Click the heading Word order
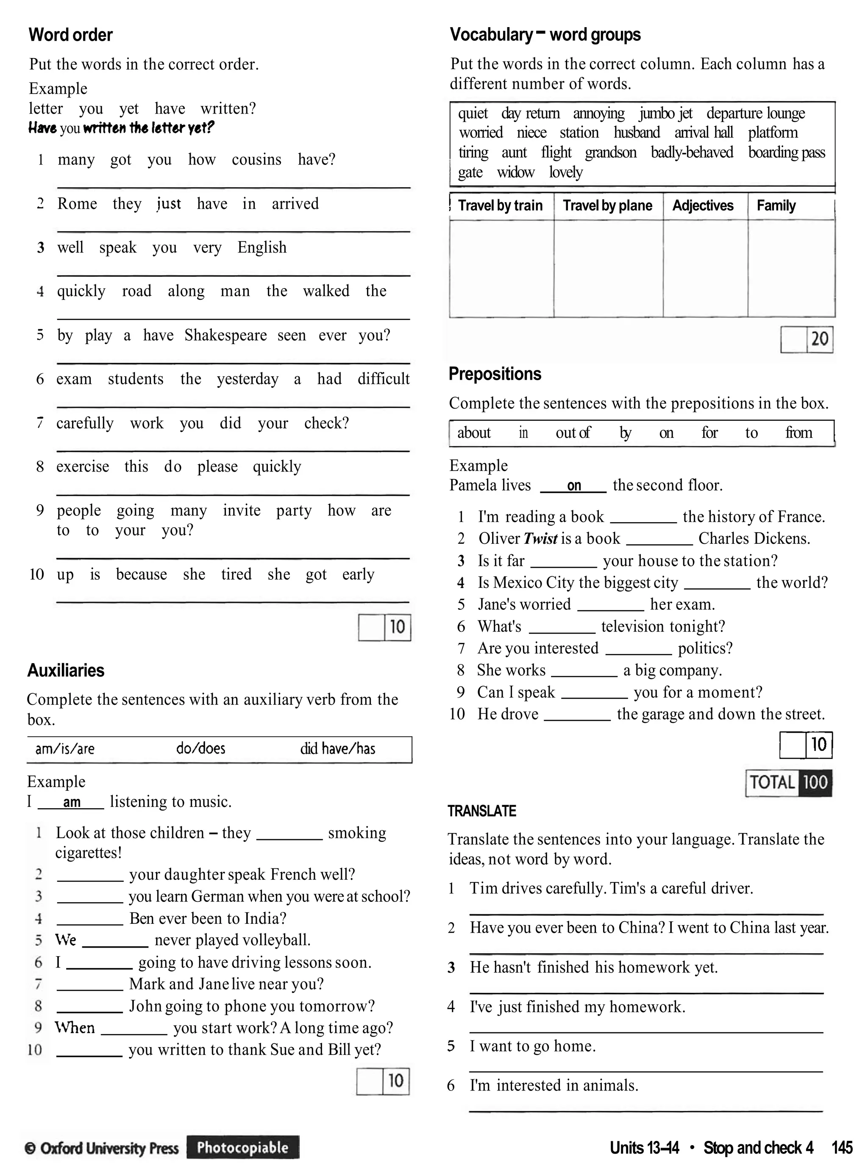click(70, 35)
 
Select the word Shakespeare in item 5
click(225, 335)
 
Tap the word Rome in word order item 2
click(77, 204)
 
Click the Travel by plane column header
click(607, 206)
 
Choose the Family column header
click(776, 206)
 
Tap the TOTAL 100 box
click(789, 783)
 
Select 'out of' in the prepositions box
click(573, 433)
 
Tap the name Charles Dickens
click(754, 538)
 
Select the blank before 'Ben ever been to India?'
click(89, 919)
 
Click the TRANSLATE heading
click(482, 812)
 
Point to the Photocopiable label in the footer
click(243, 1147)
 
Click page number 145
click(842, 1148)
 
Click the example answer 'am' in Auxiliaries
click(72, 802)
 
